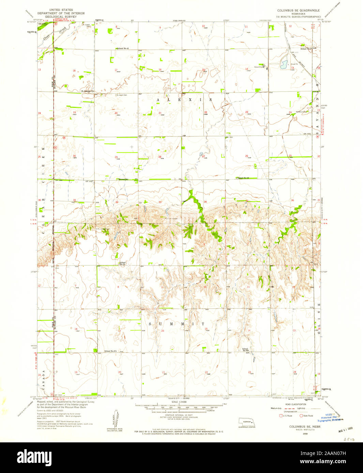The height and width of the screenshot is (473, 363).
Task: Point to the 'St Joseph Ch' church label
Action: [87, 91]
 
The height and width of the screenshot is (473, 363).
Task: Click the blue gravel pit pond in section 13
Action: [283, 64]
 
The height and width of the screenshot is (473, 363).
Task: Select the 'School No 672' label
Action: [110, 351]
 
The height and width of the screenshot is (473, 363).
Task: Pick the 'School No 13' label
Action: [243, 178]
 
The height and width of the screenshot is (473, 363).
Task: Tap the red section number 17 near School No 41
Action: [116, 70]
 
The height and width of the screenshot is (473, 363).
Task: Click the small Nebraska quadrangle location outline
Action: [246, 421]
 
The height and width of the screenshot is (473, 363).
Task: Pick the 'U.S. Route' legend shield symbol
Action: [281, 415]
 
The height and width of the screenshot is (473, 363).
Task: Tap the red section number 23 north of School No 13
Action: [246, 112]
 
